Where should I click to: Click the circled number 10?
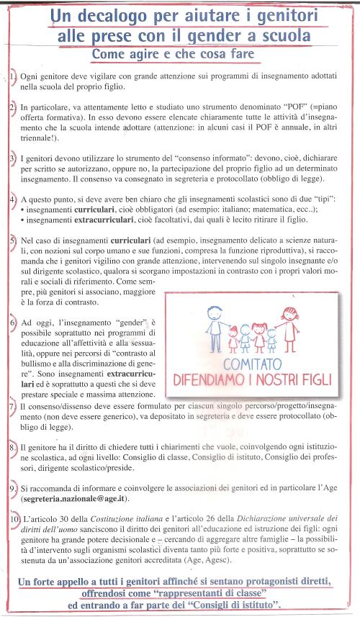[x=14, y=519]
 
